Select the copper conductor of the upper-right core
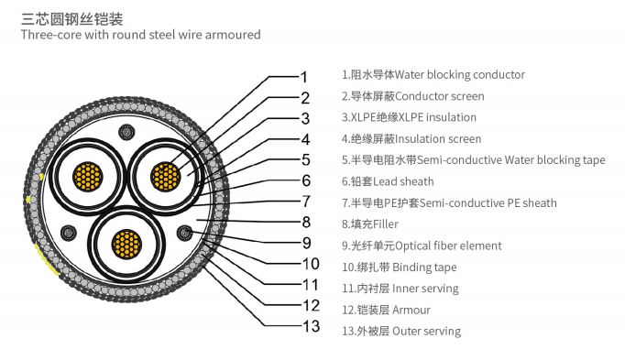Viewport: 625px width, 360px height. pyautogui.click(x=165, y=176)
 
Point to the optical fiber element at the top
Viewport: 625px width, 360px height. pyautogui.click(x=126, y=135)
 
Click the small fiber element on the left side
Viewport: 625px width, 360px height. pyautogui.click(x=67, y=232)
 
